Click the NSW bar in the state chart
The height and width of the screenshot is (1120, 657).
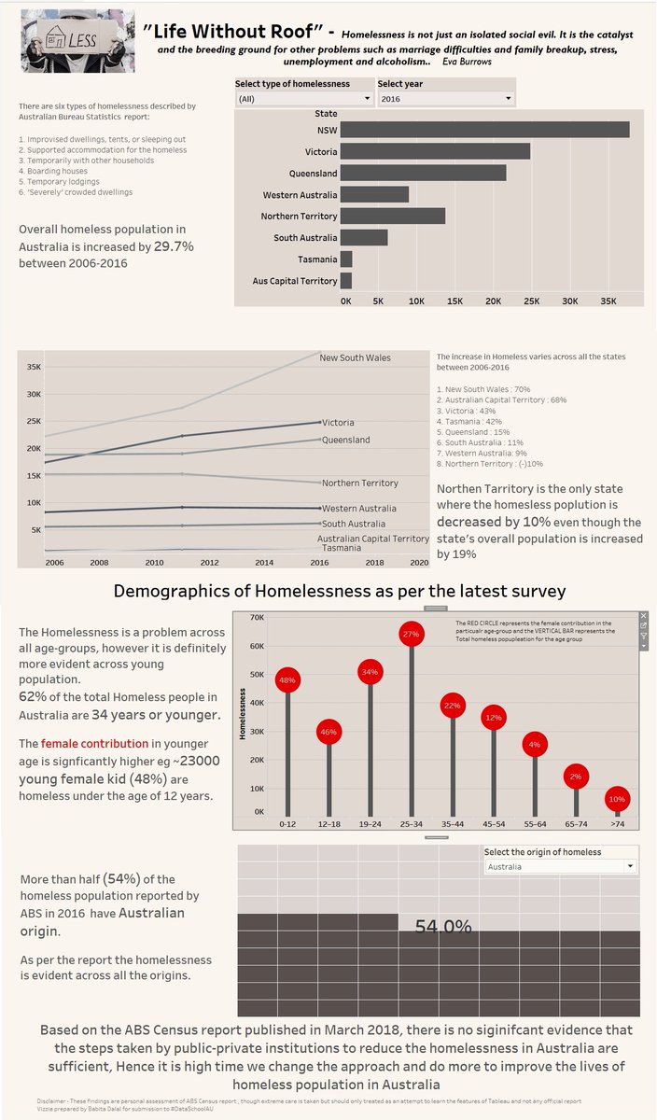(x=484, y=130)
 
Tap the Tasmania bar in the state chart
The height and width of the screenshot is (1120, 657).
(x=346, y=259)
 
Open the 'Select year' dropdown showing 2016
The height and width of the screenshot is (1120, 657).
(x=445, y=98)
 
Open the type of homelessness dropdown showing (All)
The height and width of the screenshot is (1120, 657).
(x=303, y=98)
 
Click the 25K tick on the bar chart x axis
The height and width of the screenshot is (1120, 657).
(x=531, y=301)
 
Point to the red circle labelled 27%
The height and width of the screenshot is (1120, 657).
(x=412, y=634)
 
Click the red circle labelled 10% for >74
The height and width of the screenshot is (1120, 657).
(x=617, y=799)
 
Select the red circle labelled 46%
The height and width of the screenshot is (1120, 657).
(x=328, y=733)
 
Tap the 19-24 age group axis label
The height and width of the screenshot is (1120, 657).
(x=370, y=824)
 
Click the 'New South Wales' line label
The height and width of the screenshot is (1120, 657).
(x=355, y=357)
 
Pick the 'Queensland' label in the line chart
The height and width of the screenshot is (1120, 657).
(x=345, y=440)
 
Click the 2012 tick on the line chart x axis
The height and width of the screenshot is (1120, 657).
(x=210, y=562)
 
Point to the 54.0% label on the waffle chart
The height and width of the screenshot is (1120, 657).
(x=443, y=927)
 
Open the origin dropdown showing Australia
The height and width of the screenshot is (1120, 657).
(x=560, y=867)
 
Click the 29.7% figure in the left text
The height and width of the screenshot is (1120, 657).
(x=174, y=246)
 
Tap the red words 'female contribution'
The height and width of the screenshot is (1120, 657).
(x=94, y=744)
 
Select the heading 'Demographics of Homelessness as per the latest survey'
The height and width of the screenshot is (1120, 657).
(x=339, y=592)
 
